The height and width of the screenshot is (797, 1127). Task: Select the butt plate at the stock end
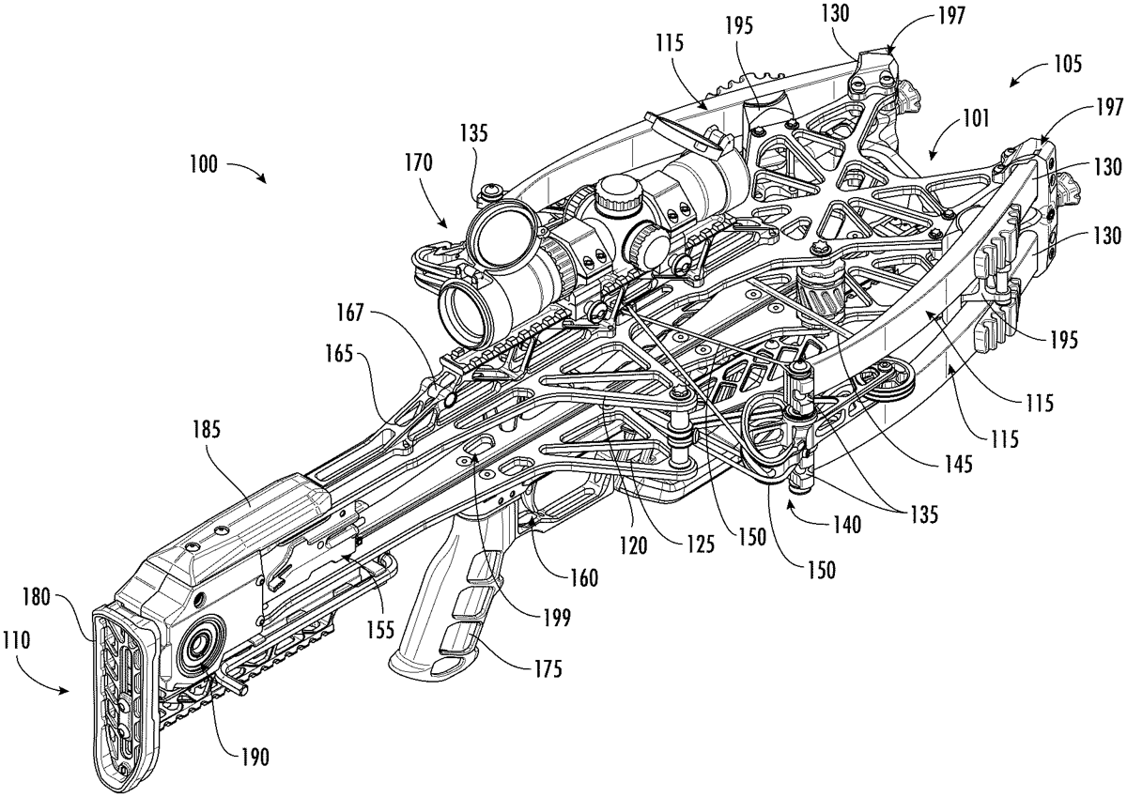123,695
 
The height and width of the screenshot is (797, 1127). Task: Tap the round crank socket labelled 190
200,646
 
